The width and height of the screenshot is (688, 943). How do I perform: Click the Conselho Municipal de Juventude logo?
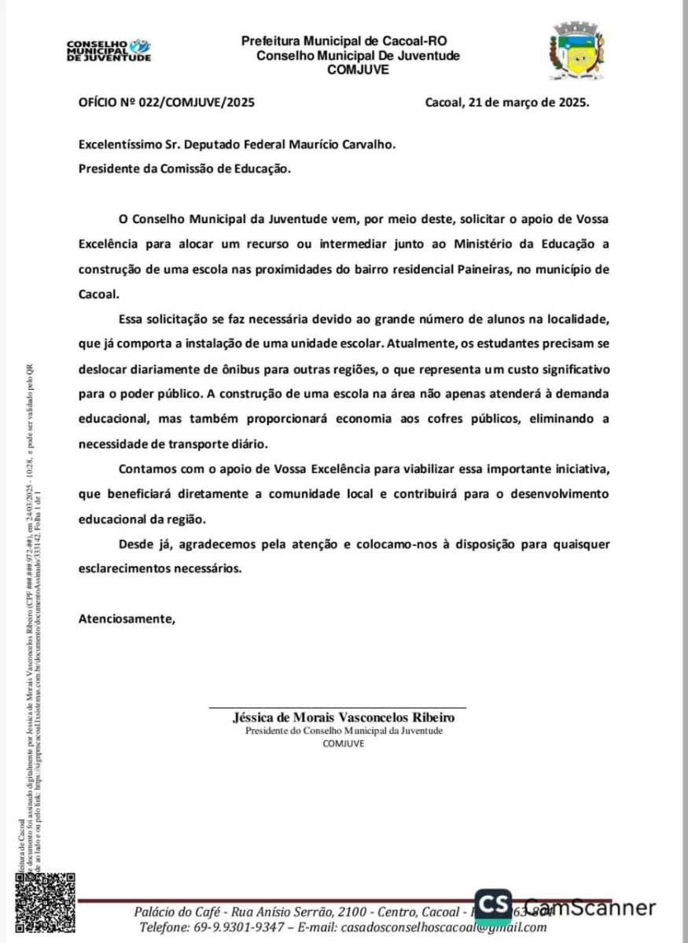tap(109, 50)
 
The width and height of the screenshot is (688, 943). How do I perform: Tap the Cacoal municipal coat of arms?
tap(576, 52)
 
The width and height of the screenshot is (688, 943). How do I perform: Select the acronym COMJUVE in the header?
tap(358, 70)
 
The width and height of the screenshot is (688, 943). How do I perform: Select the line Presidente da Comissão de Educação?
tap(185, 167)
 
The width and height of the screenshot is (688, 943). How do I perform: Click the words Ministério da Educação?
tap(510, 244)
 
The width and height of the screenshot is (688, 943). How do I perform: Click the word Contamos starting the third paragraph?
tap(147, 470)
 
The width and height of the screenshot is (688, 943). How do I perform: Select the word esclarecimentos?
tap(127, 568)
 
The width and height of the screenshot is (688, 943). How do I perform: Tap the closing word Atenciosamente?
tap(127, 618)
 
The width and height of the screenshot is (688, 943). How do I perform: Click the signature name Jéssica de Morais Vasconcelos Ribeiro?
tap(344, 717)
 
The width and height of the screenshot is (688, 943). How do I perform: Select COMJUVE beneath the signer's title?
tap(344, 744)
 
